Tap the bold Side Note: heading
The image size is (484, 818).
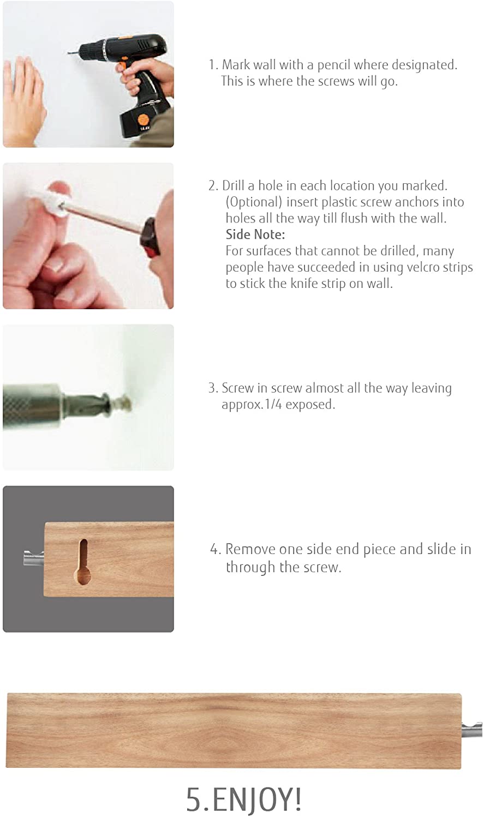pos(255,234)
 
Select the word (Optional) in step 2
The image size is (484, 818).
pos(254,202)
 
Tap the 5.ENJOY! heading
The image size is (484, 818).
pos(243,799)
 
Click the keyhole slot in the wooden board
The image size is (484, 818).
pos(83,562)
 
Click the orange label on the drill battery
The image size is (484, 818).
pos(144,119)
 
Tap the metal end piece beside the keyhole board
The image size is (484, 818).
pos(33,558)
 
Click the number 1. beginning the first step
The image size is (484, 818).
pos(213,65)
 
